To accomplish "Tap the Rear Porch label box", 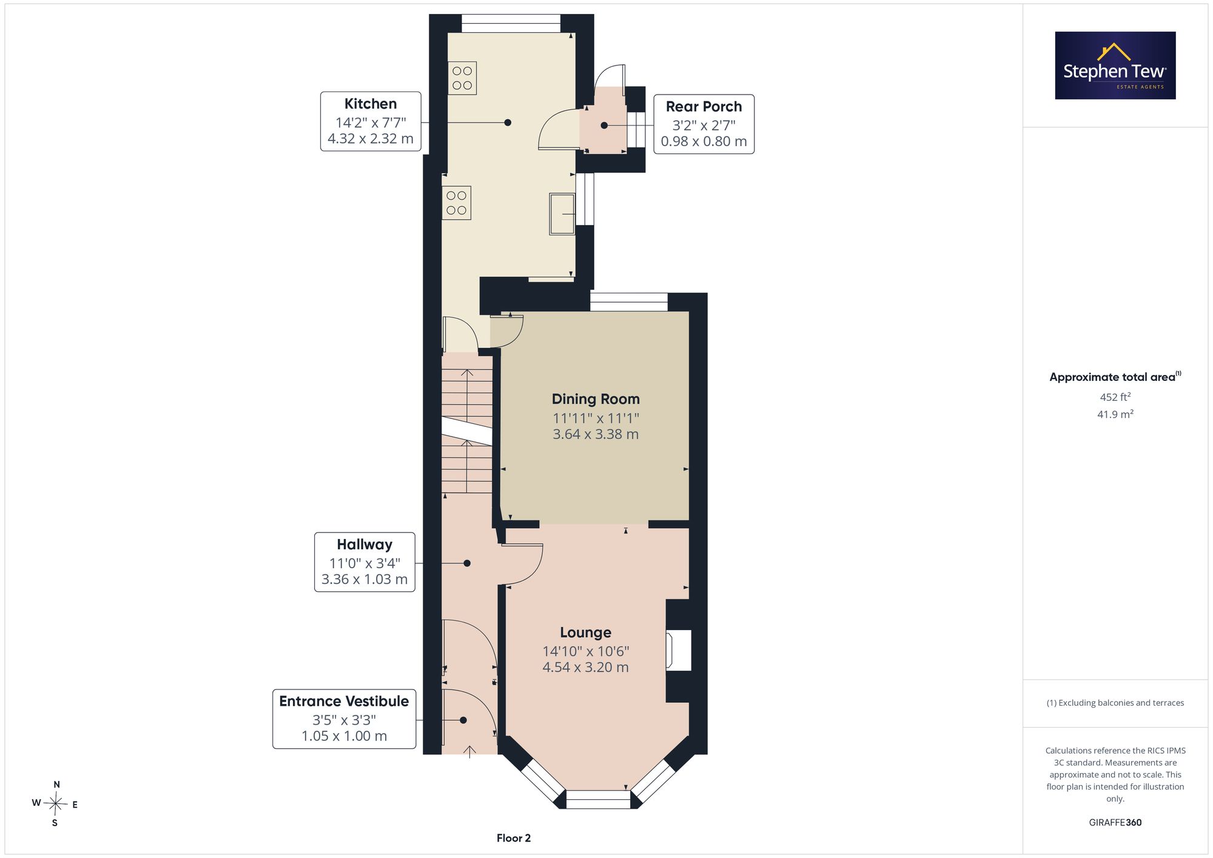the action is click(704, 124).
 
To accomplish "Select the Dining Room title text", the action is click(596, 399).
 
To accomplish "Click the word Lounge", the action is click(585, 632).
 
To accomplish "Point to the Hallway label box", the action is click(365, 562).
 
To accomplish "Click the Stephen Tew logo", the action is click(1115, 65).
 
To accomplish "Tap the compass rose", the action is click(55, 804).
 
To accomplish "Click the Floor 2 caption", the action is click(514, 838).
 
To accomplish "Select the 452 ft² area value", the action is click(1115, 397).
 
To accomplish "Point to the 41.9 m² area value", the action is click(1115, 414).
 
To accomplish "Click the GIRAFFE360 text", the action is click(1115, 822).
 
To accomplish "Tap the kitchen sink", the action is click(562, 213).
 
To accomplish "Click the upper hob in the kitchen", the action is click(462, 78).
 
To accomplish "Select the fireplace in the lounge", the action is click(679, 650).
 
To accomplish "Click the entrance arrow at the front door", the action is click(470, 752).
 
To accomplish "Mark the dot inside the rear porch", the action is click(604, 126).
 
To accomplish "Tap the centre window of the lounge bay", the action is click(598, 799).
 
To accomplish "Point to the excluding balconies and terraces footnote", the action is click(1115, 703).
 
